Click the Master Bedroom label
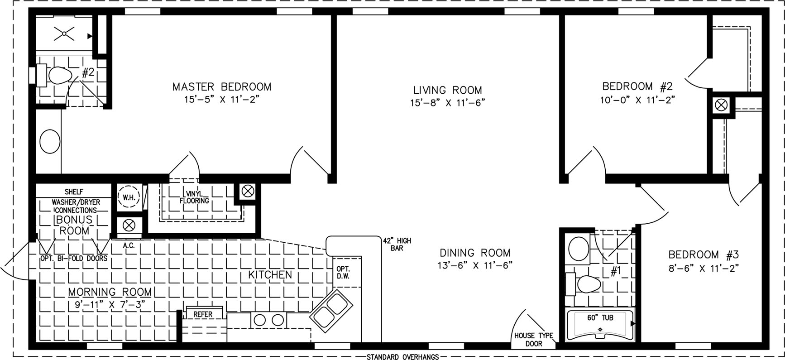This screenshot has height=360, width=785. [222, 86]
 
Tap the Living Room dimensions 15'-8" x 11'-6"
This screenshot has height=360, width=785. [447, 103]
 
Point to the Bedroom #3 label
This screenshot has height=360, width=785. [704, 254]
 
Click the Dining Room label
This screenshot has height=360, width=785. [475, 253]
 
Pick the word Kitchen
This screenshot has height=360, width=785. [270, 274]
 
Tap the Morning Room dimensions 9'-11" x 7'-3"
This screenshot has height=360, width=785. [110, 305]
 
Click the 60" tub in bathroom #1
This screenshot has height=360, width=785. [600, 325]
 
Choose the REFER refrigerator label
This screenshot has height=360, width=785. [203, 314]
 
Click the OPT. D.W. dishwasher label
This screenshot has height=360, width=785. [343, 273]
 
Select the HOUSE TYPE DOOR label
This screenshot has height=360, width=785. [534, 340]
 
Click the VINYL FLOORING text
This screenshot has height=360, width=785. [195, 197]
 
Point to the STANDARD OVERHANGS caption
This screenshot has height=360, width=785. [402, 357]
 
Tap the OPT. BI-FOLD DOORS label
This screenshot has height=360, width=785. [74, 259]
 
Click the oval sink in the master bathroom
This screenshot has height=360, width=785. [50, 142]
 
